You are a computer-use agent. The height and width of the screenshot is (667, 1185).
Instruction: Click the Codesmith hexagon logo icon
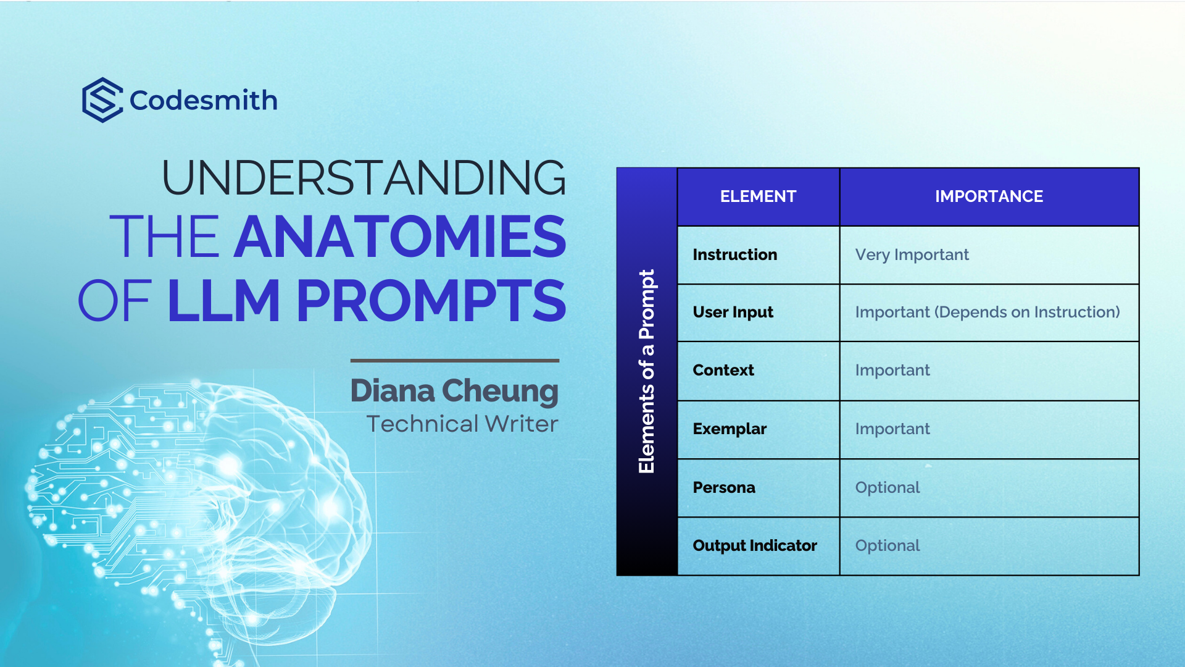(x=102, y=100)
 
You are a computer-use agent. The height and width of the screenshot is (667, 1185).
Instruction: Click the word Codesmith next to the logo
(x=204, y=101)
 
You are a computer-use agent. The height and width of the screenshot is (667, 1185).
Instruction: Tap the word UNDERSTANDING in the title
(x=364, y=178)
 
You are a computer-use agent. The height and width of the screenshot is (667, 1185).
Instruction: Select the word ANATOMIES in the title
(x=400, y=237)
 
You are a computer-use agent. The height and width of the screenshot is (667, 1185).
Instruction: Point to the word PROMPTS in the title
(x=431, y=301)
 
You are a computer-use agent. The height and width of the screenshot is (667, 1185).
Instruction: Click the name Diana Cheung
(x=454, y=391)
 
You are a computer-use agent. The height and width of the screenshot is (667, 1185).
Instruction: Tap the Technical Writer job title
(x=462, y=424)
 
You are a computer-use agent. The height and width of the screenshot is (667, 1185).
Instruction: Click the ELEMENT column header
(x=758, y=196)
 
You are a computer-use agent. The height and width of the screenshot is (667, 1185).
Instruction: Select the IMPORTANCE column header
(x=989, y=196)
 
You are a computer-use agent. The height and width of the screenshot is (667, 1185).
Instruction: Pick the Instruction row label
(x=735, y=254)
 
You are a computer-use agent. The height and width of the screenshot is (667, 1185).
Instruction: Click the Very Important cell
(x=912, y=255)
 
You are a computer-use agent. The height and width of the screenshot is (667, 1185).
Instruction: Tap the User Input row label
(x=733, y=313)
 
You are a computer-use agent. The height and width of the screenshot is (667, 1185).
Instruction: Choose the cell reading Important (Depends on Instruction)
(x=987, y=313)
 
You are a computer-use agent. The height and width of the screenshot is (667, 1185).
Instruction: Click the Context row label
(x=723, y=370)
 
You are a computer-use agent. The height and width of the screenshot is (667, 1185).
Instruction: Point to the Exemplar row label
(x=730, y=429)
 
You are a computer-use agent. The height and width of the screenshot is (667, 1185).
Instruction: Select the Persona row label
(x=724, y=487)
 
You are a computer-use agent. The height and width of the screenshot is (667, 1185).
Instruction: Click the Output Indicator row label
(x=755, y=545)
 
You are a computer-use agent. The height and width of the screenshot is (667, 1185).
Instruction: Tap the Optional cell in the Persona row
(x=888, y=487)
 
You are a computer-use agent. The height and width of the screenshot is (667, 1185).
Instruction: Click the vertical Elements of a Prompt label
(x=647, y=372)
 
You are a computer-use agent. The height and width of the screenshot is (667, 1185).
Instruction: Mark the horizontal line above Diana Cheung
(x=455, y=361)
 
